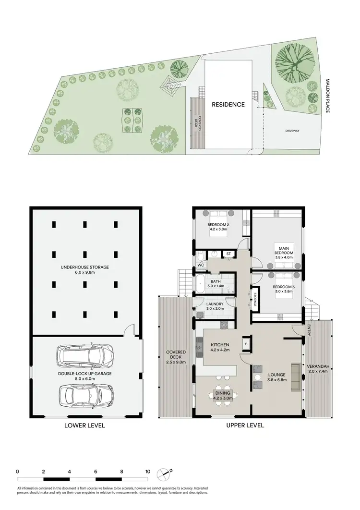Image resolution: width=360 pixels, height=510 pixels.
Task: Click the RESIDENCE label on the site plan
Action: pos(228,104)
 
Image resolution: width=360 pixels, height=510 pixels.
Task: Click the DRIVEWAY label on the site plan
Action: pos(292,130)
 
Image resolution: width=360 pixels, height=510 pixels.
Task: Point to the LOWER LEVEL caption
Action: pos(85,425)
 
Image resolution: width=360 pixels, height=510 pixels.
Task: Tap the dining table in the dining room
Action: pos(222,395)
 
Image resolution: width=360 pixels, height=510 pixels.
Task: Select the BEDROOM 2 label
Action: pos(218,227)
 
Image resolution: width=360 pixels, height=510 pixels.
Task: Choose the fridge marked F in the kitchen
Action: pos(245,344)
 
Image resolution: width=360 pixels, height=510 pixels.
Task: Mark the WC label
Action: pos(200,265)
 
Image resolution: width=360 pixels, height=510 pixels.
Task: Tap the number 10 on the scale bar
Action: pos(148,472)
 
